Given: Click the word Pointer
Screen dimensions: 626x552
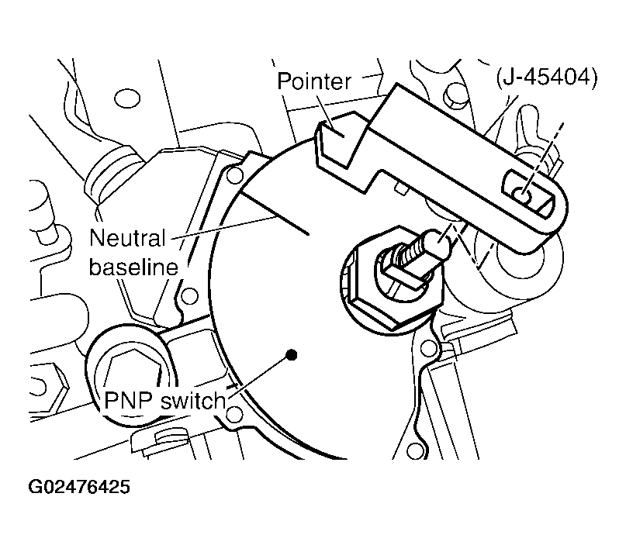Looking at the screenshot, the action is tap(314, 82).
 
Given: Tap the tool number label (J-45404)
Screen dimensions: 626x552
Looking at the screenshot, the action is tap(547, 77).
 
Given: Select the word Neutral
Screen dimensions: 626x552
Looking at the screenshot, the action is tap(127, 238).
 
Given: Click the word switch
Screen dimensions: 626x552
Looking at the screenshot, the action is tap(193, 400).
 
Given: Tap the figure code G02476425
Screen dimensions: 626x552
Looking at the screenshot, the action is tap(79, 487).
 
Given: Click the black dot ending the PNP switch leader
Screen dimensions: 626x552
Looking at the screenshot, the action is tap(292, 354).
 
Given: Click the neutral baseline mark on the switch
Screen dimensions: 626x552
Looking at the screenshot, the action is tap(275, 212).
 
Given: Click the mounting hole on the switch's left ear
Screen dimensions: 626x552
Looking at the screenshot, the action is tap(189, 296).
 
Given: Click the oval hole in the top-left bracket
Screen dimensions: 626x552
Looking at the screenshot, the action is tap(127, 98).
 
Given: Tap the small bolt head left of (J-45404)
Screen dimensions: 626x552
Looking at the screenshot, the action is tap(454, 93).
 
